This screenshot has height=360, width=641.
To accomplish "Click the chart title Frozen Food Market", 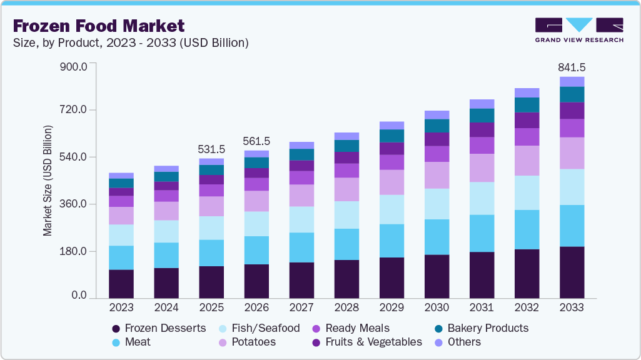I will (99, 26).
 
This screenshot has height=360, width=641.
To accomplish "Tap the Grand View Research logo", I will (579, 29).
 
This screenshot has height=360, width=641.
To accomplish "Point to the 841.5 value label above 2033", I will (572, 67).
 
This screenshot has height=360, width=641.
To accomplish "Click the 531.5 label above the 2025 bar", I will (211, 149).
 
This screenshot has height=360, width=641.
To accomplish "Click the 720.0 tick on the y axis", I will (74, 110).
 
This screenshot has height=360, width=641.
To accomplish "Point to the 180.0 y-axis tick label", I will (74, 251).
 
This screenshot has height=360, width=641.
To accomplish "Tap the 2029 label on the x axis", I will (391, 307).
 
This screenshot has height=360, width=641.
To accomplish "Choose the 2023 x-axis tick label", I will (121, 307).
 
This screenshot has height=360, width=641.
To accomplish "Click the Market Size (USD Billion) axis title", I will (48, 181).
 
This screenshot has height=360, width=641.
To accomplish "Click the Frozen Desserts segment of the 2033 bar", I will (572, 272).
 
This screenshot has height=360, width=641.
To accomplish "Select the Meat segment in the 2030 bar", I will (437, 237).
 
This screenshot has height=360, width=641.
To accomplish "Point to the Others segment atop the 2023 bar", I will (121, 176).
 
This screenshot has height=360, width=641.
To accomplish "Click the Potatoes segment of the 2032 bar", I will (527, 161).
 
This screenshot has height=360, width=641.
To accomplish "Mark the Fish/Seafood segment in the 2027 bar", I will (301, 219).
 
